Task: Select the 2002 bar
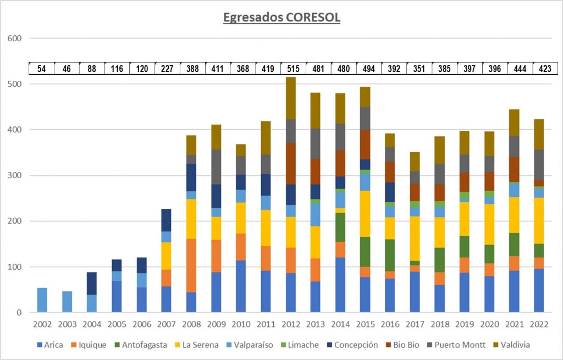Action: pyautogui.click(x=42, y=300)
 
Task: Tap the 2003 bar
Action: pyautogui.click(x=68, y=302)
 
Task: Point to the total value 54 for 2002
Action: pyautogui.click(x=42, y=69)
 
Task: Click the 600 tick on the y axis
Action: pyautogui.click(x=15, y=38)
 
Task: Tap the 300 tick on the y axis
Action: pyautogui.click(x=15, y=175)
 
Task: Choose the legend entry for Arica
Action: pyautogui.click(x=52, y=345)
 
